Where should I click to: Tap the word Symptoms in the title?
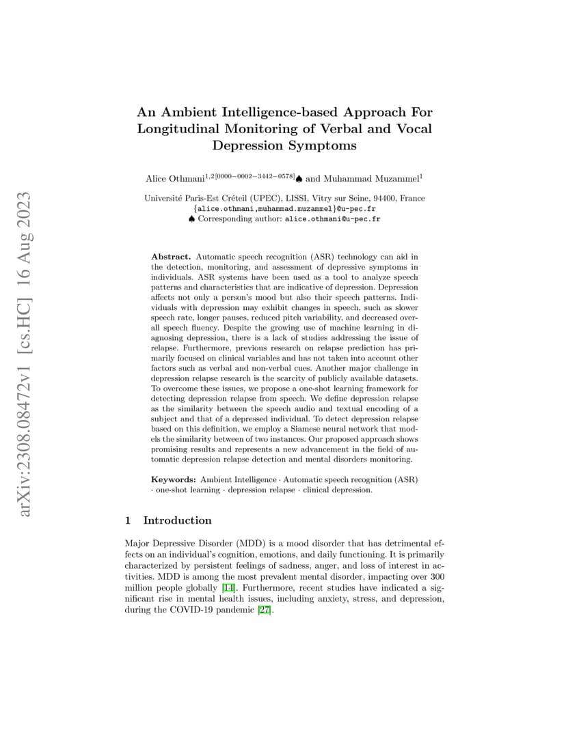(x=322, y=145)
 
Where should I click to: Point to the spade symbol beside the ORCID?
(x=299, y=179)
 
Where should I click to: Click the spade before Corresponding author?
(x=191, y=219)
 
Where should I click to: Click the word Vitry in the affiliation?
(x=298, y=199)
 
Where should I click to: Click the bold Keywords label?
(x=174, y=479)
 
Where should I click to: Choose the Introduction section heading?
(x=177, y=520)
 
